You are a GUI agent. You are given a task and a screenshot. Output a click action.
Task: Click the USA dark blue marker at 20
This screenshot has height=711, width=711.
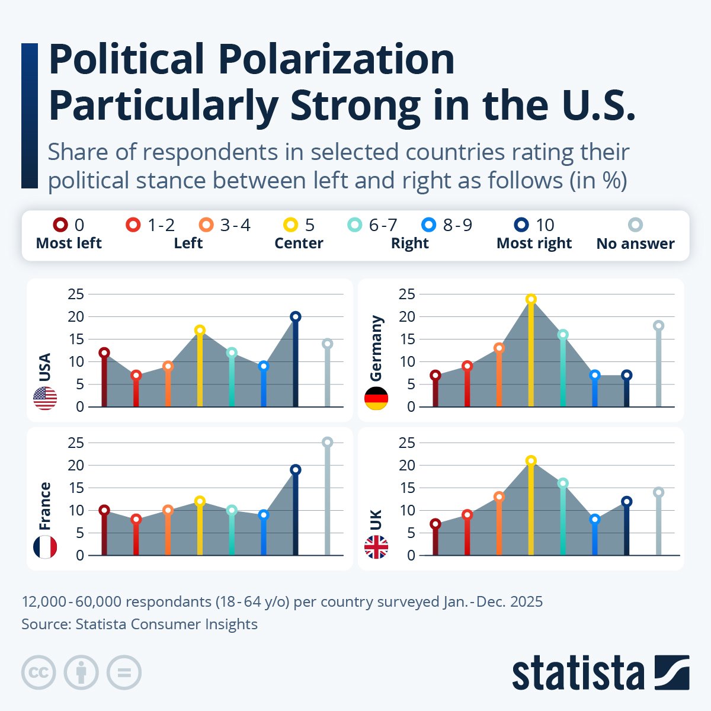295,316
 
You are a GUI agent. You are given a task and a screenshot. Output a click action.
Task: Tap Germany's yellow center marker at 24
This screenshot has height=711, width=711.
531,299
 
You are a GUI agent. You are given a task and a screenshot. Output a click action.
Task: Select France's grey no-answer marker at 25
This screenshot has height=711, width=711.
327,442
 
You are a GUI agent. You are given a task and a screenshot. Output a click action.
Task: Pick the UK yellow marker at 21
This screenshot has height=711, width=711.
531,460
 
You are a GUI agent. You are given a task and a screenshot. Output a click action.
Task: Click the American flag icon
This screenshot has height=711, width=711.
45,398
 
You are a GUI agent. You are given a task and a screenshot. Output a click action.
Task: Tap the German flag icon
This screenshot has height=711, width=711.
376,398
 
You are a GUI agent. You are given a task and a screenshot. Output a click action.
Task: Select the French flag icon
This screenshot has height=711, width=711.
45,547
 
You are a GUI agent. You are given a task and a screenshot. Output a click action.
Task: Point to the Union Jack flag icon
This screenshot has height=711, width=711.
376,547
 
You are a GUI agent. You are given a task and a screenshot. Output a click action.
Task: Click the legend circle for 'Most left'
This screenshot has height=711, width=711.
60,225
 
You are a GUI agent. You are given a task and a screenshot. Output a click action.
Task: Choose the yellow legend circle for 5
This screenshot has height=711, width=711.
290,225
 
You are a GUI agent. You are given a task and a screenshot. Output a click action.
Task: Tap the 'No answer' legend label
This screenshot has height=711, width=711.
635,244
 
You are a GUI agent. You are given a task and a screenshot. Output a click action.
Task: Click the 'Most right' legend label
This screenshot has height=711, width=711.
534,244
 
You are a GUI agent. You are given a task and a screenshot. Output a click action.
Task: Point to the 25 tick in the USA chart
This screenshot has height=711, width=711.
75,294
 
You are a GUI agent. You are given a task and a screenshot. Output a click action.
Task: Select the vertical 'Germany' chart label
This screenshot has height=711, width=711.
376,348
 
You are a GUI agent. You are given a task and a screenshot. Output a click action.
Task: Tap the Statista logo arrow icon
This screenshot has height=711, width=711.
672,672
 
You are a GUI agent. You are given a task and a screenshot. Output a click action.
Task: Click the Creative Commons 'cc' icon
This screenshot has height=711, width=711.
39,672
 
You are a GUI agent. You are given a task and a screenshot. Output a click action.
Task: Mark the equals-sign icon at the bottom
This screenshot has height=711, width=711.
124,672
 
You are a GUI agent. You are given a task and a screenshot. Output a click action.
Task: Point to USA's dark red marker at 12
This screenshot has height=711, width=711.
104,353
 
